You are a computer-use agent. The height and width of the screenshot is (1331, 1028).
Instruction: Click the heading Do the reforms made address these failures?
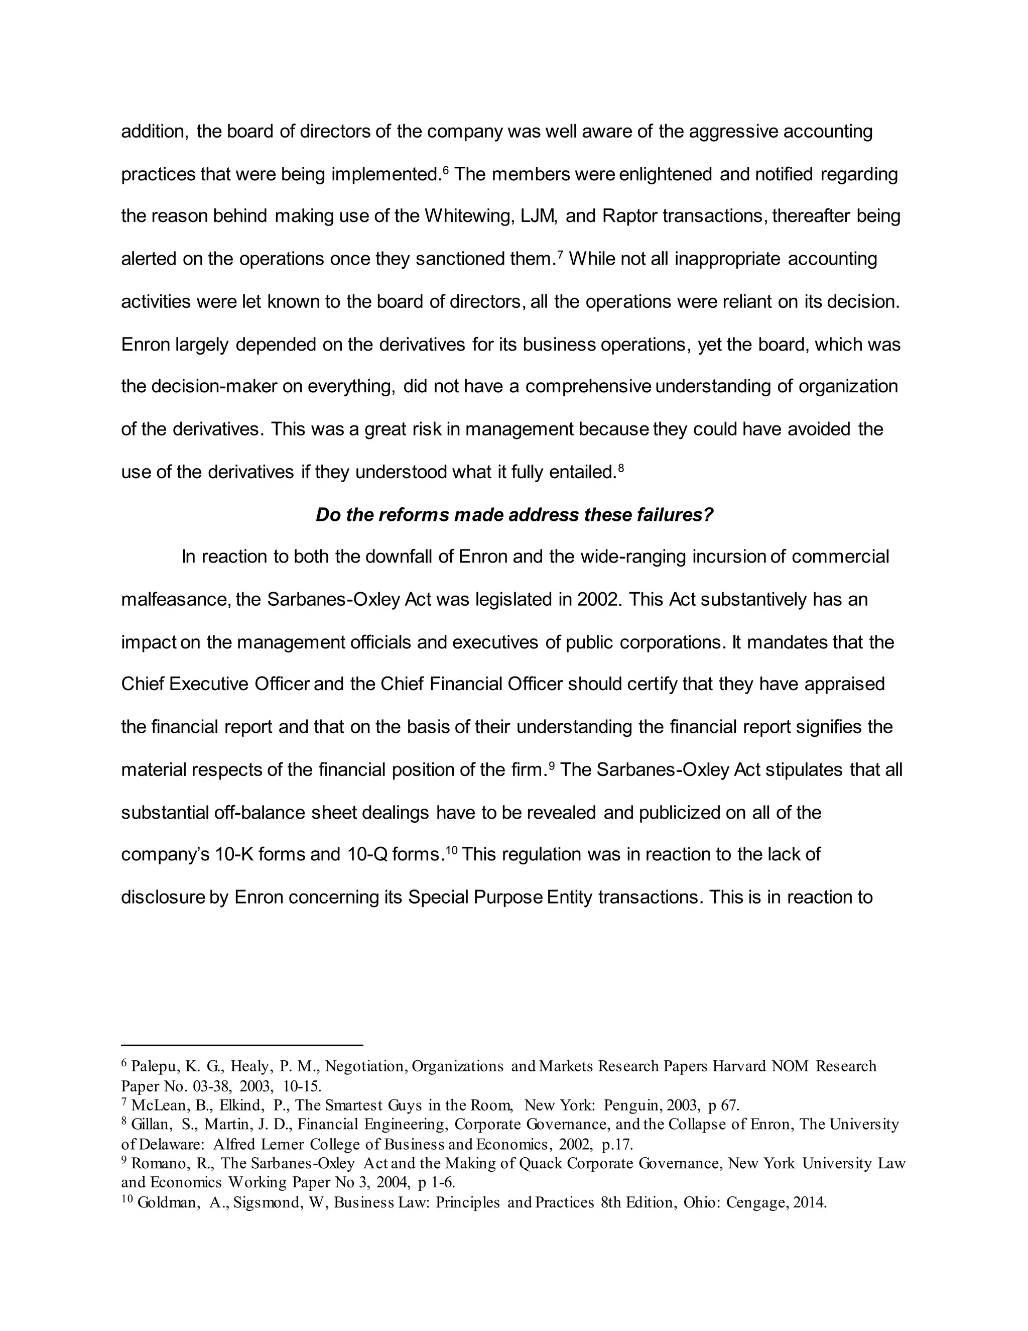[514, 515]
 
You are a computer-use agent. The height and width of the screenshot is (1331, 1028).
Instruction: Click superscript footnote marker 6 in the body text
[445, 169]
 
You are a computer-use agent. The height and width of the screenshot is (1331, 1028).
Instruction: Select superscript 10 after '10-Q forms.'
[451, 849]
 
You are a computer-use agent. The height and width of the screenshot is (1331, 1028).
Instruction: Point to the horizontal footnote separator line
[242, 1045]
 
